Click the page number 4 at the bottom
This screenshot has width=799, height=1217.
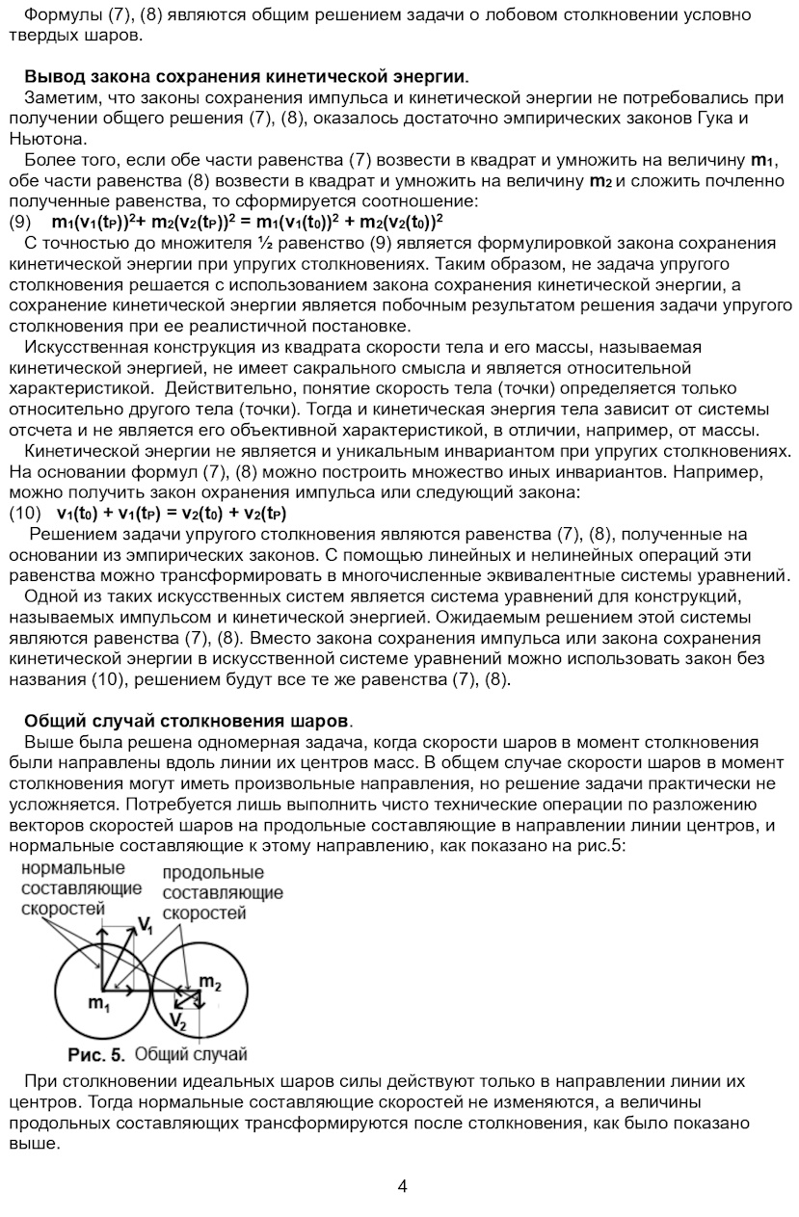click(402, 1186)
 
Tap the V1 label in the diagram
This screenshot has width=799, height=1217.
click(145, 926)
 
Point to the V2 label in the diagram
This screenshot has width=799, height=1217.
click(177, 1019)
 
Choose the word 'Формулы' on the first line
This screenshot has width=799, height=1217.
click(57, 15)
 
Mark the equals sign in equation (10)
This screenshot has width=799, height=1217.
click(172, 513)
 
